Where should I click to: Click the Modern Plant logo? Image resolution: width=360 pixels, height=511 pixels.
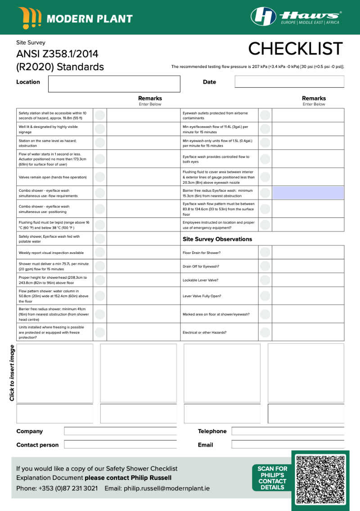pyautogui.click(x=75, y=18)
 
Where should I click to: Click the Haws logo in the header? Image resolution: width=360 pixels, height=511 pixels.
pyautogui.click(x=295, y=17)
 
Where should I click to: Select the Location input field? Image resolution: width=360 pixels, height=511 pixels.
pyautogui.click(x=114, y=84)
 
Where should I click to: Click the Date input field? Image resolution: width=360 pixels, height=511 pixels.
pyautogui.click(x=289, y=82)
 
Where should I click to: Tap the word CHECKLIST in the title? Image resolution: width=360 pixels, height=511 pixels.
pyautogui.click(x=295, y=49)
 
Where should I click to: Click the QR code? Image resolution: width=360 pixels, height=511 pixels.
pyautogui.click(x=320, y=479)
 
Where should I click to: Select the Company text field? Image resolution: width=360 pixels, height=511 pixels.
pyautogui.click(x=120, y=431)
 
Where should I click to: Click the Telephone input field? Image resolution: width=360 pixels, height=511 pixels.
pyautogui.click(x=288, y=431)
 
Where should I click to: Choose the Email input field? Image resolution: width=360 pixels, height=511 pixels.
pyautogui.click(x=288, y=445)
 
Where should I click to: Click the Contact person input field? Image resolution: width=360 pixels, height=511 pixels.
pyautogui.click(x=120, y=445)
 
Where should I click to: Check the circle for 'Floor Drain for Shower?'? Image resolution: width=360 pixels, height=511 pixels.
pyautogui.click(x=265, y=253)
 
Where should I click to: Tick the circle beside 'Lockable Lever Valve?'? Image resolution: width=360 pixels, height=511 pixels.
pyautogui.click(x=265, y=280)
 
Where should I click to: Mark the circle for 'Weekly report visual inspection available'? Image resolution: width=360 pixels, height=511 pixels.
pyautogui.click(x=100, y=253)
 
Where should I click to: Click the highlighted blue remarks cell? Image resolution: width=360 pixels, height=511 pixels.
pyautogui.click(x=308, y=193)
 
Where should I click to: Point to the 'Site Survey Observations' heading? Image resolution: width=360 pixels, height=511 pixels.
pyautogui.click(x=217, y=239)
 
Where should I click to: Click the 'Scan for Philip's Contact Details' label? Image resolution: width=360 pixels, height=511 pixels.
pyautogui.click(x=272, y=478)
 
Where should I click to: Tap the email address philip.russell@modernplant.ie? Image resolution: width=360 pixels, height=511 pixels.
pyautogui.click(x=166, y=488)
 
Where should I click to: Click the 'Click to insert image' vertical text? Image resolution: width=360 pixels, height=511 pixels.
pyautogui.click(x=12, y=373)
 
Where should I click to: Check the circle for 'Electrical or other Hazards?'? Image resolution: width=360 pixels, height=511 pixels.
pyautogui.click(x=265, y=332)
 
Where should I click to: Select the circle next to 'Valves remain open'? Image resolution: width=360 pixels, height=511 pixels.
pyautogui.click(x=100, y=177)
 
